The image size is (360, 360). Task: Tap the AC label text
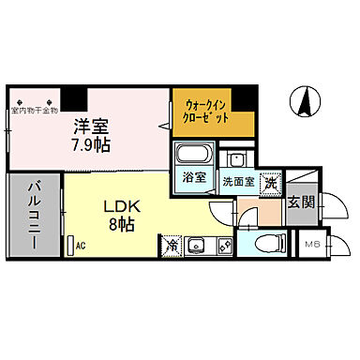(81, 245)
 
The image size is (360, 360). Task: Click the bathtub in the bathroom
(194, 155)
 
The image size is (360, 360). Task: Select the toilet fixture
(265, 246)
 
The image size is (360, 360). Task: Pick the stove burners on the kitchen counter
(224, 246)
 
